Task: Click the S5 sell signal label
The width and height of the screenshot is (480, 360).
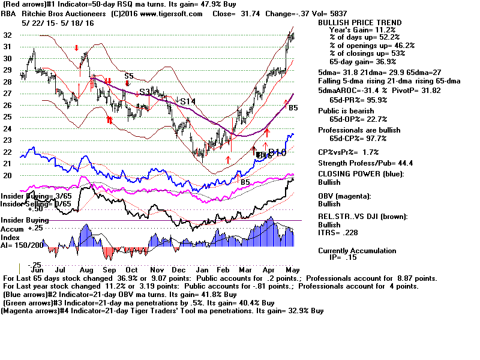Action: coord(128,76)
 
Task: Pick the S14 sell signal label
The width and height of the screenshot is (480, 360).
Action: coord(188,101)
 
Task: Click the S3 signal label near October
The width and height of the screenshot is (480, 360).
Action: coord(145,92)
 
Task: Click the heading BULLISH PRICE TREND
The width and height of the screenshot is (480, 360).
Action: coord(359,23)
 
